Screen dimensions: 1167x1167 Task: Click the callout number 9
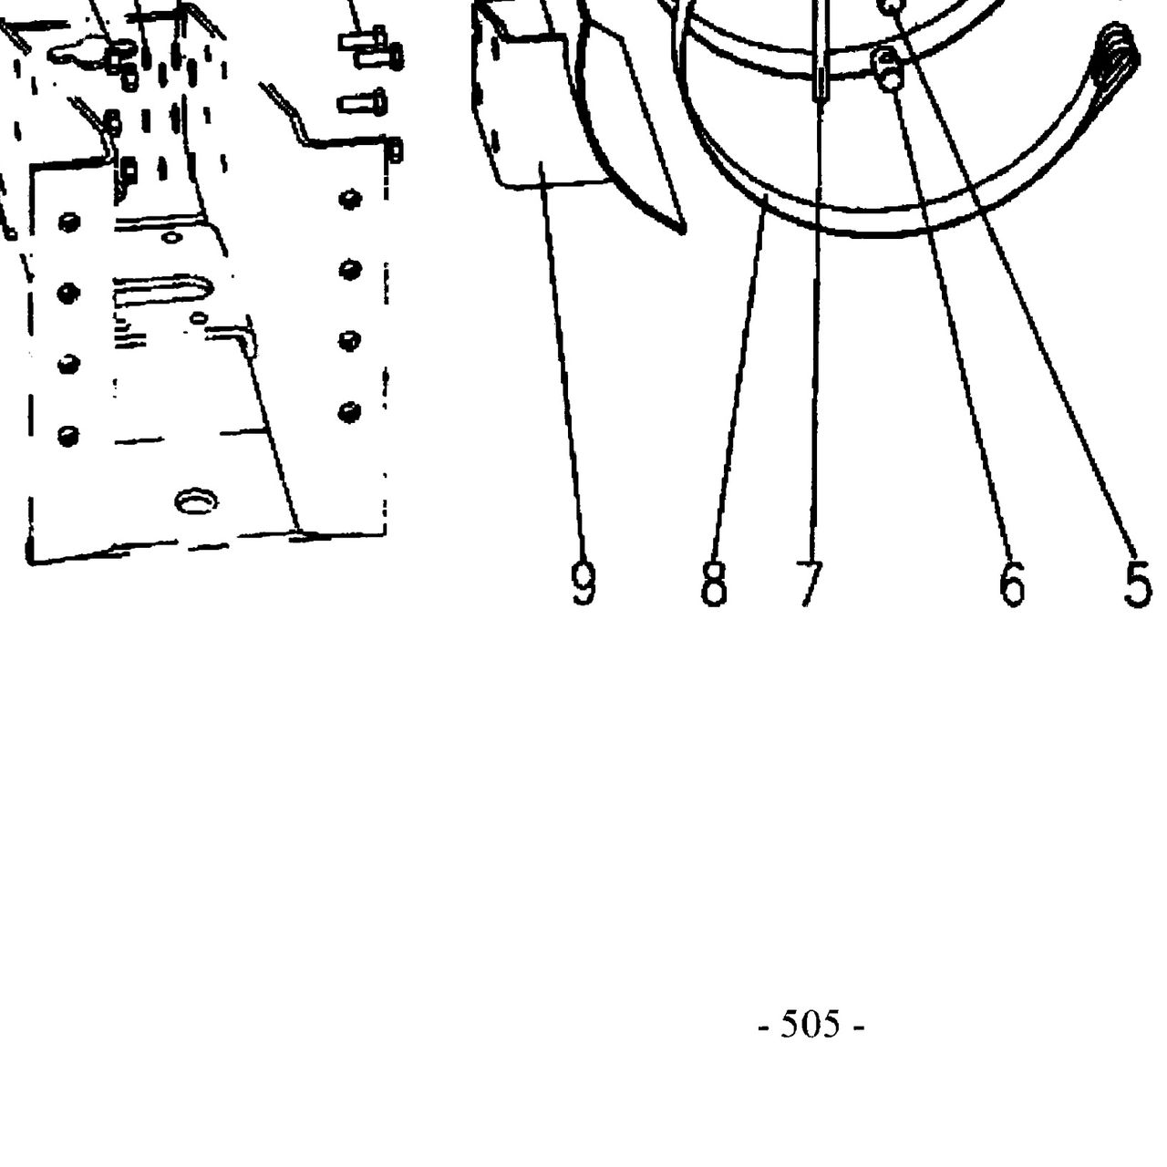tap(583, 583)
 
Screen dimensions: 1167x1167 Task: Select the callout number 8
tap(713, 583)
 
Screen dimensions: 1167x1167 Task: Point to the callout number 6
tap(1012, 583)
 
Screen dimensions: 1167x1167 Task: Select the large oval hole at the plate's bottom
tap(196, 501)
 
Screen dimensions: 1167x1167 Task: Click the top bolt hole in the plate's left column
tap(69, 222)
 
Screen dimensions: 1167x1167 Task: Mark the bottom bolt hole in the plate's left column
tap(68, 436)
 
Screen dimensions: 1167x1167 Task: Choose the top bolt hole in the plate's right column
tap(349, 199)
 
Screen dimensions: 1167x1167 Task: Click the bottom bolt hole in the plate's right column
tap(349, 413)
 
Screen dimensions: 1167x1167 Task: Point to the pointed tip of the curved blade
tap(683, 230)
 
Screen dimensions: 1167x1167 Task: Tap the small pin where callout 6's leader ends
tap(887, 69)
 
